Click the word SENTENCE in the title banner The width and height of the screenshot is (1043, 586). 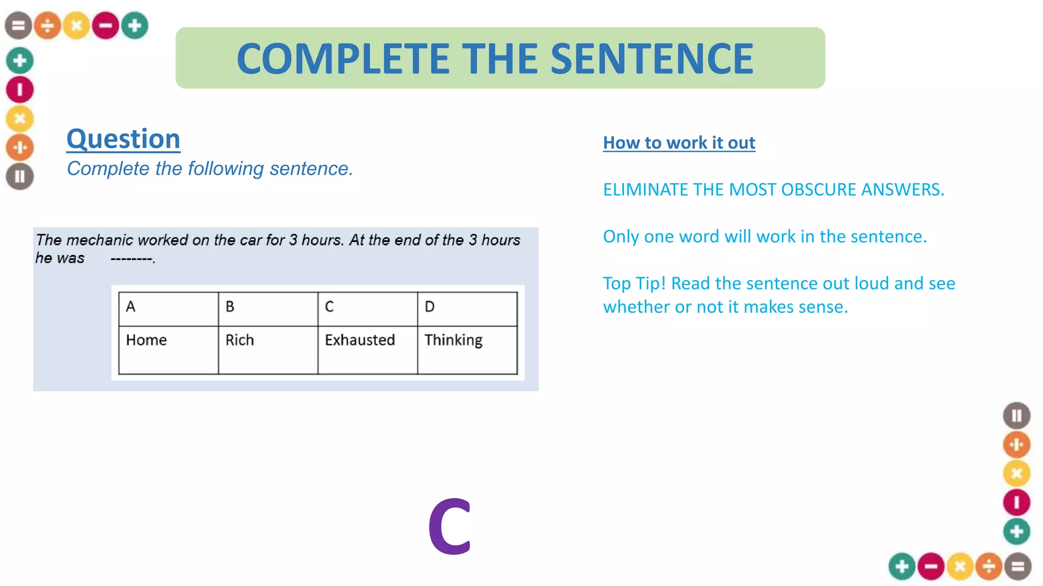(x=652, y=58)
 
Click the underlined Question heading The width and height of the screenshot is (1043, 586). (x=123, y=139)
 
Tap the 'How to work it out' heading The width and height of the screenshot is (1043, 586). (x=679, y=143)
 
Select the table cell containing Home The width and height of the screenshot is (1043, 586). (x=168, y=349)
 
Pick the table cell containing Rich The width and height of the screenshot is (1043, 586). (x=268, y=349)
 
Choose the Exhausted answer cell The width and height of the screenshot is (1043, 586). (x=367, y=349)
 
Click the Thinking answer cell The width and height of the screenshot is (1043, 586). (x=467, y=349)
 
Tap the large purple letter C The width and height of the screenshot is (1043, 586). (x=450, y=526)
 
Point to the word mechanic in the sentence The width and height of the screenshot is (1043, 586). (x=99, y=240)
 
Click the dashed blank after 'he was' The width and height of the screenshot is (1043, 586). (x=132, y=259)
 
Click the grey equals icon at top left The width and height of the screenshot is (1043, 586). (x=18, y=25)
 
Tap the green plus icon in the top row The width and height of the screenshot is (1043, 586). (x=135, y=25)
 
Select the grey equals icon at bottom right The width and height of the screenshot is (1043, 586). (x=1018, y=566)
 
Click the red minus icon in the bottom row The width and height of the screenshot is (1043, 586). (x=931, y=566)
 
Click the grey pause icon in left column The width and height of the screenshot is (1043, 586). (x=20, y=177)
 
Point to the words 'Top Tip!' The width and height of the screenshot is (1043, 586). (x=634, y=283)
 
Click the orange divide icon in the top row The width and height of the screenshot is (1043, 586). (x=47, y=25)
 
